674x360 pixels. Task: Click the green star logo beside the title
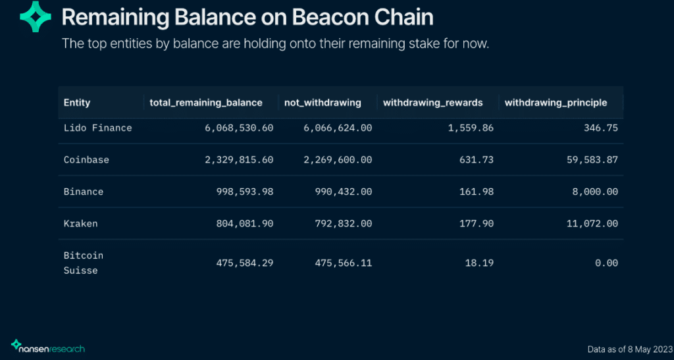pos(35,17)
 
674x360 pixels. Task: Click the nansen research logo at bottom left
pos(48,346)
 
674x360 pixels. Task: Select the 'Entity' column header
pos(77,103)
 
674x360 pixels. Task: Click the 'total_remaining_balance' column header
pos(206,103)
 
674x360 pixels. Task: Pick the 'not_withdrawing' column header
pos(323,103)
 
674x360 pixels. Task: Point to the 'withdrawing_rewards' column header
pos(432,103)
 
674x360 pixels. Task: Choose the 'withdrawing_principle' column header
pos(556,103)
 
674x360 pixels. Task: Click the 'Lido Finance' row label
pos(97,128)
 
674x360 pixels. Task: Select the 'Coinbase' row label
pos(86,160)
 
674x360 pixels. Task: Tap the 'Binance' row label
pos(84,192)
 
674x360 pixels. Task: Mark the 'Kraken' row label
pos(80,224)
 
